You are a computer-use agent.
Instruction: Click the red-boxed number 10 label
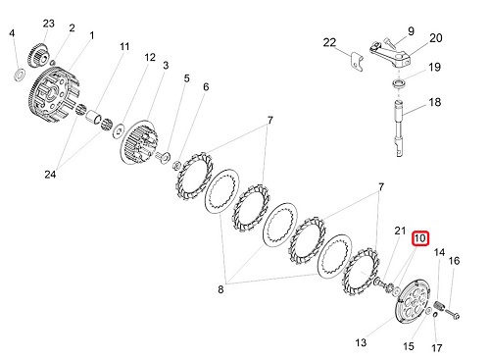click(x=420, y=238)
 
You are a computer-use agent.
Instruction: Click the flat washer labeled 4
click(x=20, y=74)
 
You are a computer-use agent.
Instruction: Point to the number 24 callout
click(x=50, y=175)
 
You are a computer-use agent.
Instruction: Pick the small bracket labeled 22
click(x=356, y=62)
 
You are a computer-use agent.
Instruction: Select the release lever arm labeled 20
click(x=390, y=55)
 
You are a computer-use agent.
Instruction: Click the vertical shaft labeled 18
click(x=399, y=129)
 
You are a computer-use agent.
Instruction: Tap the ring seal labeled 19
click(x=398, y=82)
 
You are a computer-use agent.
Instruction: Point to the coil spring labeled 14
click(x=440, y=307)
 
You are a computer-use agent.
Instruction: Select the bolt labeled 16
click(x=452, y=313)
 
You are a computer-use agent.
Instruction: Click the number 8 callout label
click(x=220, y=289)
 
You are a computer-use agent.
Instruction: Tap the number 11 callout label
click(x=124, y=46)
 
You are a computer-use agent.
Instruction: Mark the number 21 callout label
click(x=400, y=231)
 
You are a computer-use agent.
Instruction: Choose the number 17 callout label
click(x=437, y=348)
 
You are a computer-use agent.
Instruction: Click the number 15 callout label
click(x=409, y=346)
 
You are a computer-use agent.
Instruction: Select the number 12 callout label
click(x=150, y=58)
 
